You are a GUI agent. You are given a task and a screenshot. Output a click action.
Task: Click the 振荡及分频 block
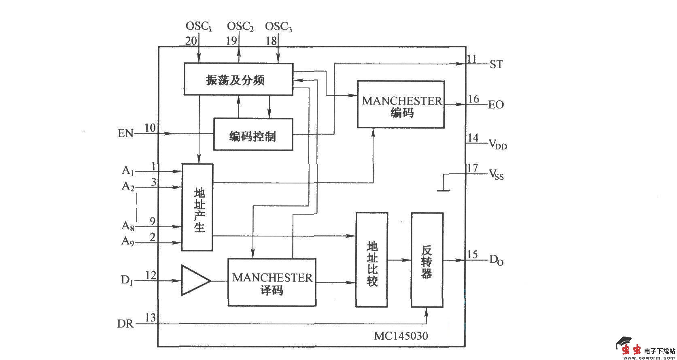(x=238, y=79)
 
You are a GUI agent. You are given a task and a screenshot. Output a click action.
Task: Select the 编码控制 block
(x=253, y=134)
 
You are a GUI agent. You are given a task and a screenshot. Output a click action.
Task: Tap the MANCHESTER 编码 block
(x=401, y=105)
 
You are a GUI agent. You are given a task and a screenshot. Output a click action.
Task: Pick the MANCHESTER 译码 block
(x=272, y=283)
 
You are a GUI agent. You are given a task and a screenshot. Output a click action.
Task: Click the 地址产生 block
(x=197, y=207)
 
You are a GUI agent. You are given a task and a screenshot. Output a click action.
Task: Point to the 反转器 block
(x=427, y=260)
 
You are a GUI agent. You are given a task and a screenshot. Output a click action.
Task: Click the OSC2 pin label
(x=240, y=27)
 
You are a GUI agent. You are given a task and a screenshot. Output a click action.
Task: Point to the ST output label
(x=496, y=64)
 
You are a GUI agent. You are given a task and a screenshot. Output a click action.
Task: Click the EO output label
(x=496, y=105)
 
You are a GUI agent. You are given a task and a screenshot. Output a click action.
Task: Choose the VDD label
(x=498, y=144)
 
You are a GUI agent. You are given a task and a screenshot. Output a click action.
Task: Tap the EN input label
(x=125, y=133)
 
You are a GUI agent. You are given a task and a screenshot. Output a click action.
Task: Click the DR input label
(x=125, y=324)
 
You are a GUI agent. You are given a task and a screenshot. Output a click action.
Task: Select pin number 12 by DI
(x=150, y=276)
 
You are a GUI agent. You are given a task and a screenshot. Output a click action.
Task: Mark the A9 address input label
(x=128, y=241)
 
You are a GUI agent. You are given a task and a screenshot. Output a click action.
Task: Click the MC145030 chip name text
(x=401, y=336)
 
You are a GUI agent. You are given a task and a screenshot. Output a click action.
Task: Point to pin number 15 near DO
(x=472, y=255)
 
